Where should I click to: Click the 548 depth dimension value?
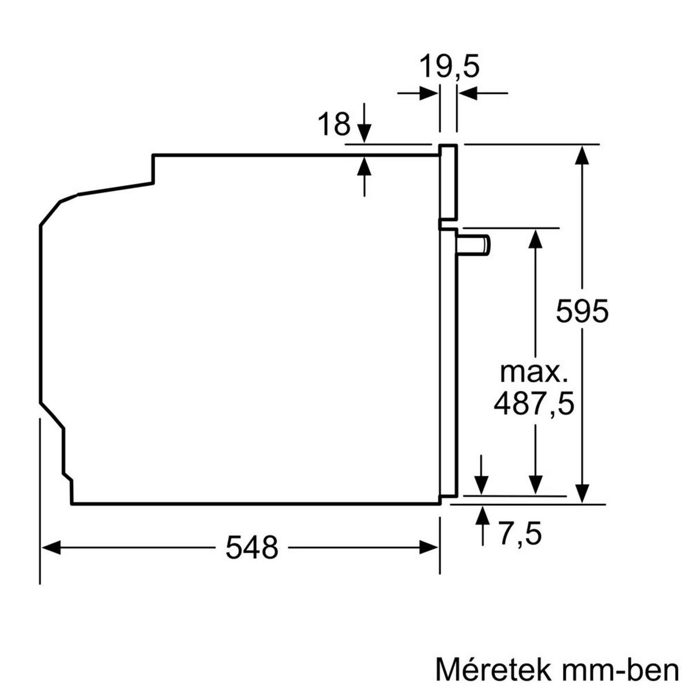(x=251, y=548)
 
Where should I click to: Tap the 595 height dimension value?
(x=582, y=312)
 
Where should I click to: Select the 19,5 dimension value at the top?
(x=449, y=67)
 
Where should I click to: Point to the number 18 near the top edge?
(x=334, y=125)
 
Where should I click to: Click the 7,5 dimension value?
(x=520, y=534)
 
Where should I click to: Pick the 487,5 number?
(x=534, y=404)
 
